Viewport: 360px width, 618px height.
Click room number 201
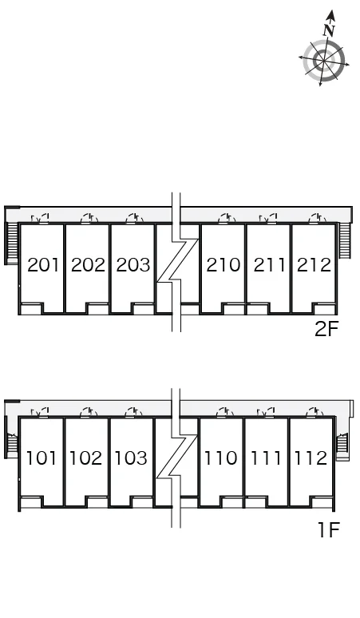tap(43, 265)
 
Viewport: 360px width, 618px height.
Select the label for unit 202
tap(89, 265)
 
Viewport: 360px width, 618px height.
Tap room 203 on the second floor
tap(133, 265)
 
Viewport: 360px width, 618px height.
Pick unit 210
tap(224, 265)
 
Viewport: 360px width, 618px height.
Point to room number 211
tap(270, 265)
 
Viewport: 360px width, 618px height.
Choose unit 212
tap(314, 265)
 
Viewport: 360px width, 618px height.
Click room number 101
tap(42, 458)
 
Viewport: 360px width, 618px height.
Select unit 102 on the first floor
tap(86, 458)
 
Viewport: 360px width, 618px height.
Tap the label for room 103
tap(131, 458)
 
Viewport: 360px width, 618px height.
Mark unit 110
tap(220, 458)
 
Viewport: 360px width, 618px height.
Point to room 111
tap(266, 458)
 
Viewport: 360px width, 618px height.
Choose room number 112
tap(311, 458)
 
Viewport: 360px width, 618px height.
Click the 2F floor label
tap(326, 329)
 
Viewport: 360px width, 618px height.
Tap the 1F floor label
tap(329, 529)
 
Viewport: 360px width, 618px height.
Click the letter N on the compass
tap(330, 30)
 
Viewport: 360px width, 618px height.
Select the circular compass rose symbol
tap(324, 61)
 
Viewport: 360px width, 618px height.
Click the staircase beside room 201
tap(12, 244)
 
